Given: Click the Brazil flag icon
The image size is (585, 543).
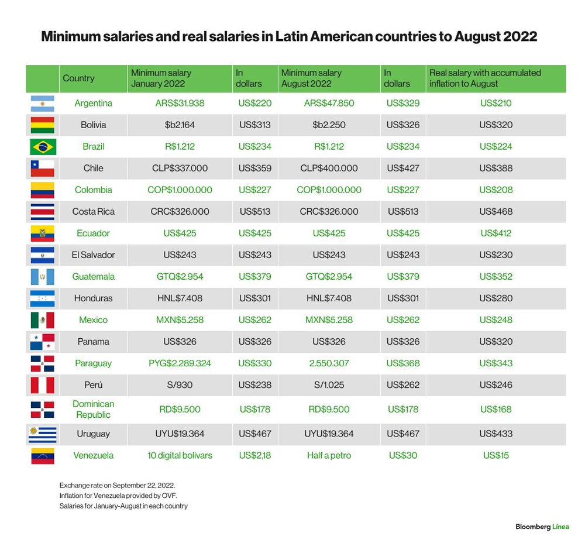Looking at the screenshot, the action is (x=43, y=147).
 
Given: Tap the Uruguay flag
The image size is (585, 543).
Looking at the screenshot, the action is (x=43, y=434).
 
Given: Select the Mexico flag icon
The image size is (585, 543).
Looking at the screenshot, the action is (x=43, y=320).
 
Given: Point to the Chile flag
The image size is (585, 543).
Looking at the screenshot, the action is (x=43, y=169).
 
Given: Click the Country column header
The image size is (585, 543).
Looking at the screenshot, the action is (x=79, y=78).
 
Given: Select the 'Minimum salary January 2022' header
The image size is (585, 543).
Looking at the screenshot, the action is (x=161, y=78).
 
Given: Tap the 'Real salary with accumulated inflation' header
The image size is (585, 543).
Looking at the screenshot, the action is (x=485, y=78).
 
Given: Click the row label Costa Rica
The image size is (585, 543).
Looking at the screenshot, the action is (x=93, y=212).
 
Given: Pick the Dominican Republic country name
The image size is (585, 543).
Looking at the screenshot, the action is (x=93, y=410).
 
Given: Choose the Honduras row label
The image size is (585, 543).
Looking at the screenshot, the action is (x=93, y=298).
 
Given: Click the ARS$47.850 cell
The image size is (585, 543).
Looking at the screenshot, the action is (x=329, y=104).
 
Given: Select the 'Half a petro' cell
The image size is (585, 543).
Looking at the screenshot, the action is (x=329, y=456).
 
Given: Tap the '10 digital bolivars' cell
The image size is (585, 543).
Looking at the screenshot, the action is (x=180, y=456).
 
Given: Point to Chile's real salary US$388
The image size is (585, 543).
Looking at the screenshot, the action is (x=496, y=169).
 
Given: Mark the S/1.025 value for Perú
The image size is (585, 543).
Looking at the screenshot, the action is (x=329, y=385).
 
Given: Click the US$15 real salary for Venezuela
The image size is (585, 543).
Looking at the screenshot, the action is (x=496, y=456).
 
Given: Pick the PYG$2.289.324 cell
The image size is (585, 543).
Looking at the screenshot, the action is (x=180, y=363).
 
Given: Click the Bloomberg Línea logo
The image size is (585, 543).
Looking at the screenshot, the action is (x=542, y=527).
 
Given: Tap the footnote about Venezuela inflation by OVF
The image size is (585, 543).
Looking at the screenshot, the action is (x=118, y=496).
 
